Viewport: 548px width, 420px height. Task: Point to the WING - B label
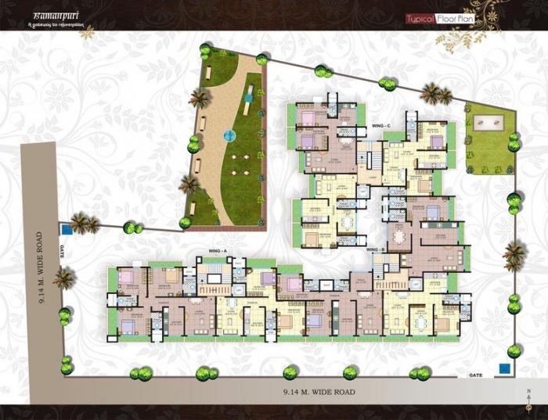click(x=377, y=249)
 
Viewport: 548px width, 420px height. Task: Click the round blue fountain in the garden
click(x=229, y=135)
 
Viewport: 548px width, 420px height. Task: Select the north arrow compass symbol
click(x=528, y=396)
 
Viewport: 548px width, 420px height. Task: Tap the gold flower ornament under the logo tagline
click(x=88, y=32)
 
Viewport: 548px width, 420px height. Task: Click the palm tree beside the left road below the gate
click(x=63, y=278)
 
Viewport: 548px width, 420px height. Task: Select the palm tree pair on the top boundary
click(x=435, y=95)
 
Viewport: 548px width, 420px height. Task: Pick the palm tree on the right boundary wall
click(x=514, y=254)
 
